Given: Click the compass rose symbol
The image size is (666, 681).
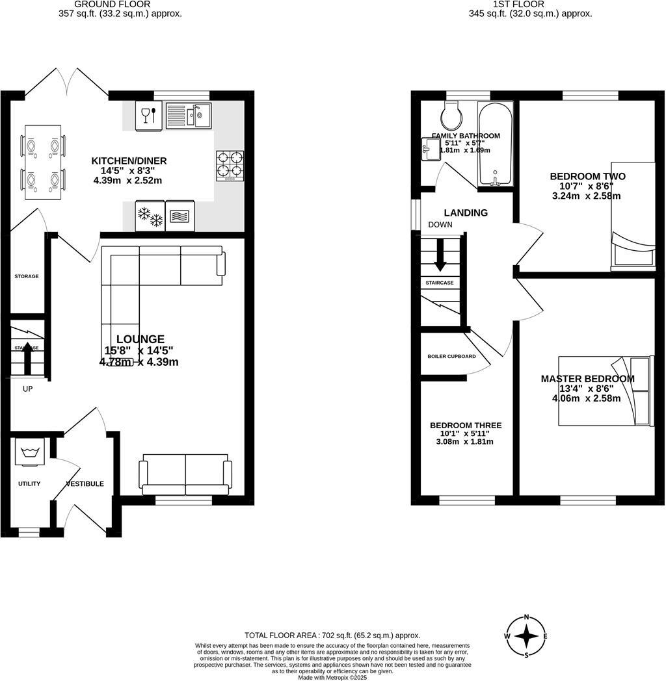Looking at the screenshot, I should (x=526, y=636).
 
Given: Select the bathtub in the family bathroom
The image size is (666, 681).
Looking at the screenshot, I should (x=496, y=144).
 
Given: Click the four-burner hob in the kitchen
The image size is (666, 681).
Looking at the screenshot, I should (x=230, y=164).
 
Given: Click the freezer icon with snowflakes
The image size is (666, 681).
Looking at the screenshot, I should (x=149, y=216).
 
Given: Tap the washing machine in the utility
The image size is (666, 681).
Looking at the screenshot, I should (x=29, y=453).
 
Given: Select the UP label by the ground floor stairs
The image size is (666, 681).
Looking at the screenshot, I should (x=27, y=389).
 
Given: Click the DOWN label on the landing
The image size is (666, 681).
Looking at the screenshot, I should (x=440, y=225).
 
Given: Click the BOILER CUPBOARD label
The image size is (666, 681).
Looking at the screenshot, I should (x=451, y=356).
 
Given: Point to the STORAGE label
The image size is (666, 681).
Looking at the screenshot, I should (x=27, y=276).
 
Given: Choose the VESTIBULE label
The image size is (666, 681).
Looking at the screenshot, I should (x=85, y=483).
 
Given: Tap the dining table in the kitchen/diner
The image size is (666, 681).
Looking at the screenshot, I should (x=43, y=162).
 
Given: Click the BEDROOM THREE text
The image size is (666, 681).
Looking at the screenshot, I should (x=465, y=426).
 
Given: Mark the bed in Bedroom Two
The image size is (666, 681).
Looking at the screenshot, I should (x=632, y=244).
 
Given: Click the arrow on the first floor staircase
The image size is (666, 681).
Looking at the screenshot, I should (x=440, y=255).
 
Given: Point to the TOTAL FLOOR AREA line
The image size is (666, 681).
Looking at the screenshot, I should (x=332, y=635).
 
